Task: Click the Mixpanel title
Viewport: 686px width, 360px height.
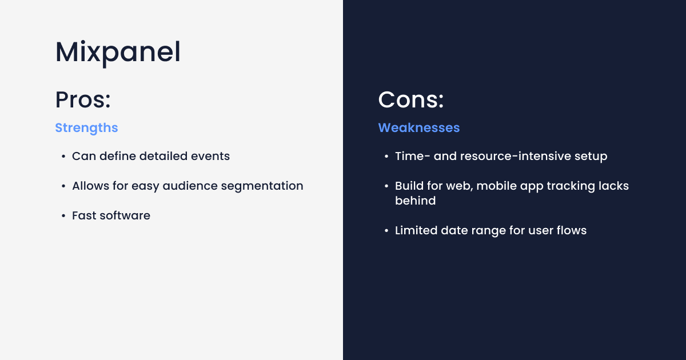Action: click(x=118, y=53)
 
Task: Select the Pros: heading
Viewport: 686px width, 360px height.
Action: click(x=83, y=100)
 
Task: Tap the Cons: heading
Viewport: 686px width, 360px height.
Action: click(x=411, y=100)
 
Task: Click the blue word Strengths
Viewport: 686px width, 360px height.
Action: click(x=86, y=128)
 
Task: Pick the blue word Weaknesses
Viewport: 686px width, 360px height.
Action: click(x=419, y=127)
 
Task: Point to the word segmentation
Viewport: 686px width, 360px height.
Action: click(x=262, y=186)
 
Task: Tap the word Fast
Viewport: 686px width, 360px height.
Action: click(x=84, y=215)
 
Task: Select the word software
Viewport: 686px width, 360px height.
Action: click(x=125, y=215)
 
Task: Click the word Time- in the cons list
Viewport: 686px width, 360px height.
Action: click(x=413, y=156)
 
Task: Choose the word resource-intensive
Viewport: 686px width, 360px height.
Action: click(x=516, y=156)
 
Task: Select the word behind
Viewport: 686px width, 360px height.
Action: click(x=415, y=201)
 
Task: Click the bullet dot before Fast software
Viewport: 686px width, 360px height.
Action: click(x=63, y=216)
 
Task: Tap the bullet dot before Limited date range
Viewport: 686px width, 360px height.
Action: click(x=386, y=231)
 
